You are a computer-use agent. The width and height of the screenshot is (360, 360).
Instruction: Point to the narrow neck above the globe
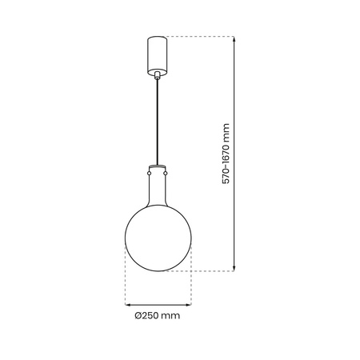[x=158, y=188]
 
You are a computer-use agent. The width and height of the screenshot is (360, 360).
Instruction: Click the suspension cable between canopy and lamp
[x=158, y=120]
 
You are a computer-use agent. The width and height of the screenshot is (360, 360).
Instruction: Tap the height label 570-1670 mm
[x=226, y=154]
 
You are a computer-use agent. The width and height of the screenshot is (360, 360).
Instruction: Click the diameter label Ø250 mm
[x=158, y=317]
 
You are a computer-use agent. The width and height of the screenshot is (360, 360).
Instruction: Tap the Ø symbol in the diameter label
[x=138, y=317]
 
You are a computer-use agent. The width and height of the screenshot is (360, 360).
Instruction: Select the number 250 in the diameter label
[x=151, y=317]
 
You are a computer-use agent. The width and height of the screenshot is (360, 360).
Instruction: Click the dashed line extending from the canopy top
[x=200, y=37]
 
